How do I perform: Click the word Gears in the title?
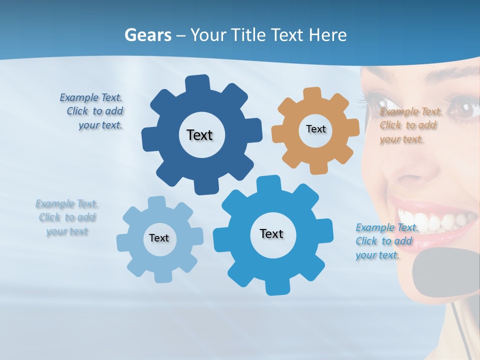148,35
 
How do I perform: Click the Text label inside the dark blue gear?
199,135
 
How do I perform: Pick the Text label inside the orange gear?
315,129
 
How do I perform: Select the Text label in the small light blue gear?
159,238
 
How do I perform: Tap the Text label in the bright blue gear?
271,233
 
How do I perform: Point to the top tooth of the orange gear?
312,94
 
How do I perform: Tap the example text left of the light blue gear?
67,217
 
